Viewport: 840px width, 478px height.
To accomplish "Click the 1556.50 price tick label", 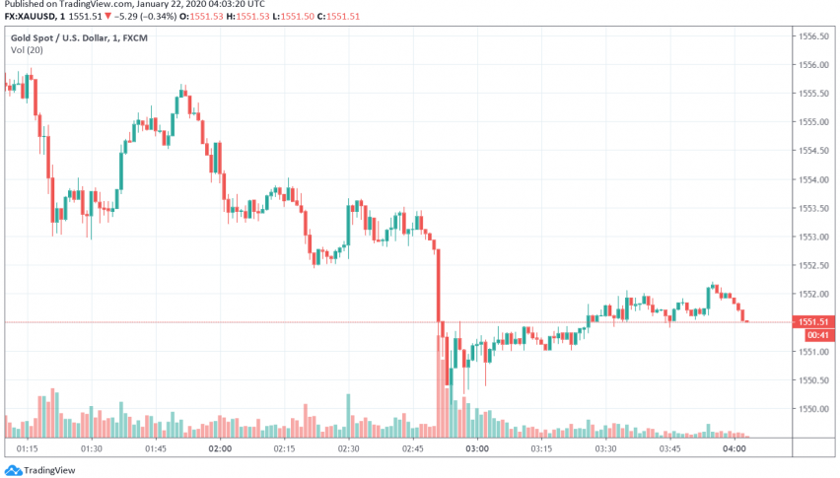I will point(812,36).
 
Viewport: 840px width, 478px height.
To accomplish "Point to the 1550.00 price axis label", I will point(812,408).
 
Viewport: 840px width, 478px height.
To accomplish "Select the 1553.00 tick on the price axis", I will point(812,237).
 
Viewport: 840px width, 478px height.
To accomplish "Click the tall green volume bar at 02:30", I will point(348,415).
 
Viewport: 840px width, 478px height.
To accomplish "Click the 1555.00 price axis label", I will point(812,122).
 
